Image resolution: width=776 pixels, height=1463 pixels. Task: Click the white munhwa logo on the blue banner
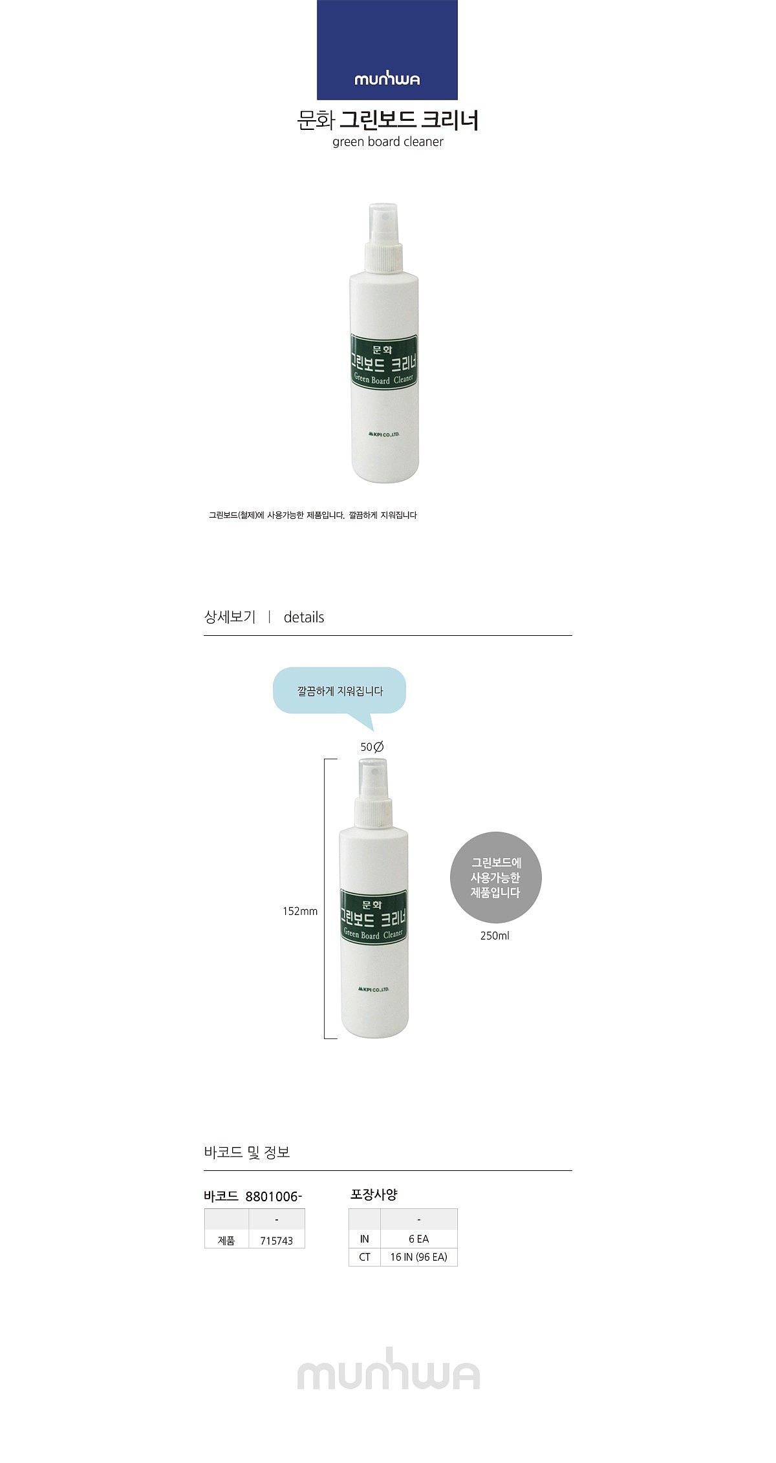[387, 79]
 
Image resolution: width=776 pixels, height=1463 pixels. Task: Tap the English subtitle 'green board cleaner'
[388, 142]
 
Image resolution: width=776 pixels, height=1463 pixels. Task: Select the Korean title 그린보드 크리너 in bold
[409, 121]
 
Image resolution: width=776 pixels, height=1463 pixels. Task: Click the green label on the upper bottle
[384, 362]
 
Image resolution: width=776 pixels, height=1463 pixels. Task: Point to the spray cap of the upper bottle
[384, 237]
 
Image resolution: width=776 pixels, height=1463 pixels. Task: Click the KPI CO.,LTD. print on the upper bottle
[384, 435]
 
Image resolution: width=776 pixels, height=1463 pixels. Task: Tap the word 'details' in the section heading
[304, 617]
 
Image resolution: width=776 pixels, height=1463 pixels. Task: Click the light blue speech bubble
[339, 691]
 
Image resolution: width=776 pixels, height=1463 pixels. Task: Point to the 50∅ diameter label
[372, 747]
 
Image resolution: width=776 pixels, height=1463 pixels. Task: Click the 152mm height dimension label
[300, 912]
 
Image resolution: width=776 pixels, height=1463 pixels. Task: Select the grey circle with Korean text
[495, 878]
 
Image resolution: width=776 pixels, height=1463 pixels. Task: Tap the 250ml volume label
[495, 936]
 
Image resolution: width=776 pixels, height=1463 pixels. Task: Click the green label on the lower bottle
[373, 917]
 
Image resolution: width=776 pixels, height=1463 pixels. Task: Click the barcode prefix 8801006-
[274, 1197]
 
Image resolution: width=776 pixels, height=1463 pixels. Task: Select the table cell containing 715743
[277, 1241]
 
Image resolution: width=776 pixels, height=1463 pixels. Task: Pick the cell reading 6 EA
[419, 1239]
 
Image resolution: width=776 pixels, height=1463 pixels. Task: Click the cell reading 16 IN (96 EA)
[419, 1257]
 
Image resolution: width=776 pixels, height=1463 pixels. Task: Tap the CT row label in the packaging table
[365, 1257]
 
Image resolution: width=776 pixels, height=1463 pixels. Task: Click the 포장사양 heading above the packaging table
[374, 1195]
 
